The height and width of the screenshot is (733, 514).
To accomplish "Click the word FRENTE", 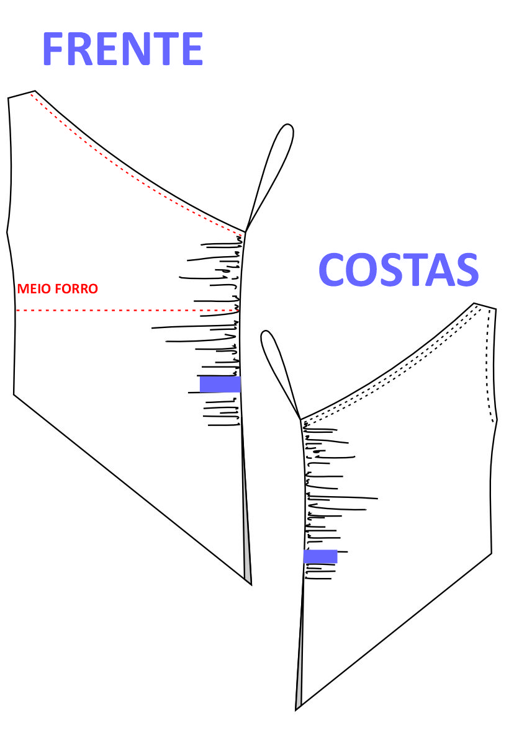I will click(x=122, y=50).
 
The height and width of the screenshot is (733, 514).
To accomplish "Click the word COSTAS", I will click(x=399, y=270).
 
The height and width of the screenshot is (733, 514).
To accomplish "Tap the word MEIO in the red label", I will click(x=32, y=289).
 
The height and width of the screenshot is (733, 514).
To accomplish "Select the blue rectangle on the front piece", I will click(x=220, y=384).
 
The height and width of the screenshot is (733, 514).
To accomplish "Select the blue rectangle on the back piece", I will click(x=320, y=556).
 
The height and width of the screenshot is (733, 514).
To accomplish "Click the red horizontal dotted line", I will click(x=124, y=310).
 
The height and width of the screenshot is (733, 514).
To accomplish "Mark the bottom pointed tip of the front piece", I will click(x=250, y=584).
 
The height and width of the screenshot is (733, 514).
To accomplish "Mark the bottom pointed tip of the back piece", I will click(x=297, y=709).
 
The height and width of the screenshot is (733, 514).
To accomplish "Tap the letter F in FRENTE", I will click(x=55, y=50).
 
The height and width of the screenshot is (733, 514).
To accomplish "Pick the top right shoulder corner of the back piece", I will click(x=495, y=308).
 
